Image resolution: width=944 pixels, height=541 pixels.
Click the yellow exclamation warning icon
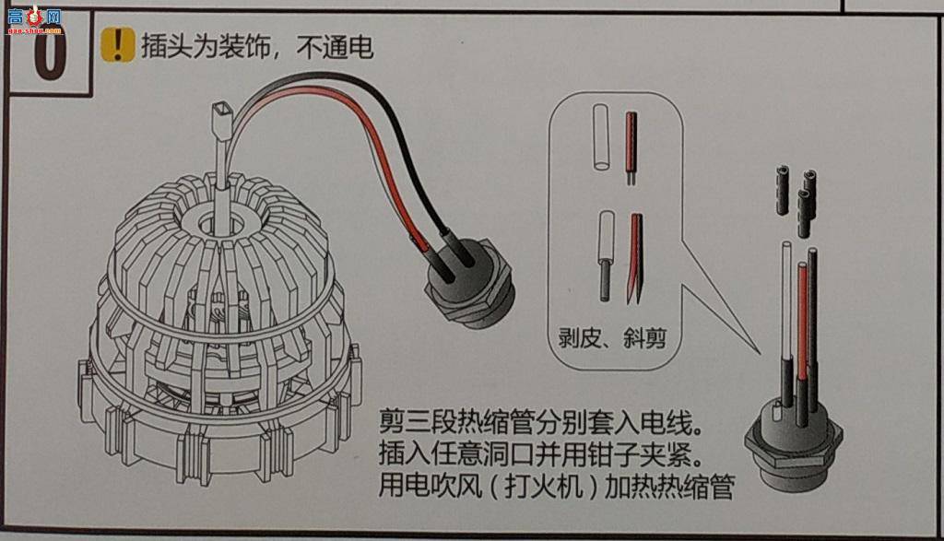pos(117,44)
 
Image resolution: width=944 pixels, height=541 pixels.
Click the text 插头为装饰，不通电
pos(257,46)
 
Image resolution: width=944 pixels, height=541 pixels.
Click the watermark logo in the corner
pos(35,19)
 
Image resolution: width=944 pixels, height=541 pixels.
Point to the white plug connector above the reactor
pos(220,121)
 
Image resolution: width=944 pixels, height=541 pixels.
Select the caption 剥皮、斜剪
pos(612,338)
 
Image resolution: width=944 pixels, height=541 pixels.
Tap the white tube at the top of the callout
pos(601,137)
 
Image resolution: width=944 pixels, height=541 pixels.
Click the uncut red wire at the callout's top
pos(631,147)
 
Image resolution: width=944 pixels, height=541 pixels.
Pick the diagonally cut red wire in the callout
pos(635,257)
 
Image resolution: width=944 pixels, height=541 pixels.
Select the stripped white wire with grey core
pos(606,255)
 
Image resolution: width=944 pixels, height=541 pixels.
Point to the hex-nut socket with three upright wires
pos(794,442)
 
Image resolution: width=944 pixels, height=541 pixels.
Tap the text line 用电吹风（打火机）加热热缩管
pos(556,487)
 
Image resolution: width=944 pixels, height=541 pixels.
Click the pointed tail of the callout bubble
pos(759,353)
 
